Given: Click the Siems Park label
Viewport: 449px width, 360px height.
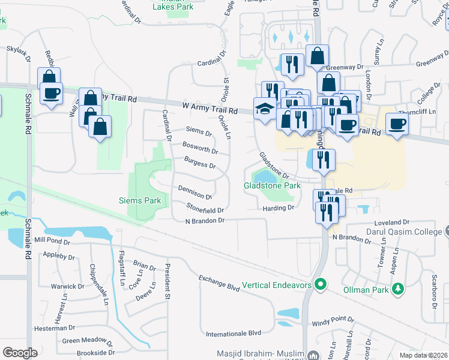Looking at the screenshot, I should tap(139, 200).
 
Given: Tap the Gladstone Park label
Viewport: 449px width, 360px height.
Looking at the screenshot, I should tap(272, 186).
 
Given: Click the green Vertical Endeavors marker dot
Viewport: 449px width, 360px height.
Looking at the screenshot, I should tap(322, 284).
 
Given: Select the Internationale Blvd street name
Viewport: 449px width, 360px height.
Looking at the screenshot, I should tap(234, 332).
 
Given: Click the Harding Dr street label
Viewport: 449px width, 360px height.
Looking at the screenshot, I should tap(279, 208).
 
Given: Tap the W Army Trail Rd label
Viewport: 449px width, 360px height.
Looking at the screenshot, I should tap(209, 109).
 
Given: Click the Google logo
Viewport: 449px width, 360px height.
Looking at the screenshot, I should tap(20, 352).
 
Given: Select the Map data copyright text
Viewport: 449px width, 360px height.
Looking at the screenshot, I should tap(423, 355).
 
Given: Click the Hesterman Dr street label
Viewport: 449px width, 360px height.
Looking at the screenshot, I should tap(54, 328).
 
